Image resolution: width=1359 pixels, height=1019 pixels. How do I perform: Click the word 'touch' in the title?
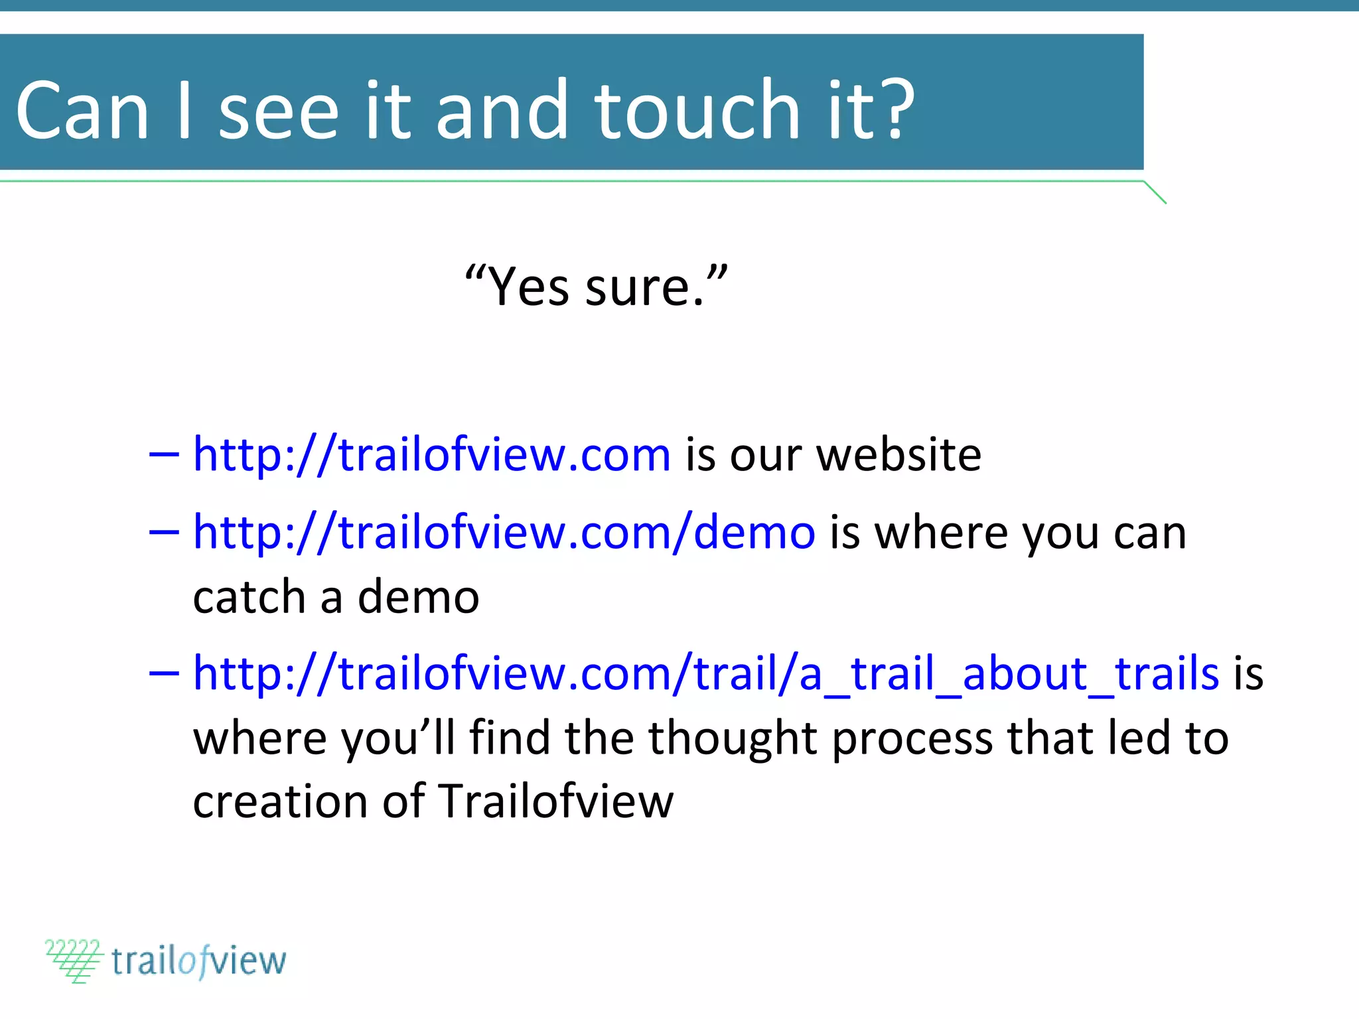(x=697, y=110)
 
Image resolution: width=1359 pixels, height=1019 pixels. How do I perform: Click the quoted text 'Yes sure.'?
(x=596, y=287)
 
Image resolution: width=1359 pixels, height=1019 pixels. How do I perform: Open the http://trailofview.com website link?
(x=431, y=455)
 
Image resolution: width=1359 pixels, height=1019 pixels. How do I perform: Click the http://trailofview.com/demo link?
(x=504, y=532)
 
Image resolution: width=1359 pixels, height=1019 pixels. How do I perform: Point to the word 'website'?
(x=898, y=455)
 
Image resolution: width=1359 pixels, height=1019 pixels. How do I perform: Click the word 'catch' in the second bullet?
(x=249, y=597)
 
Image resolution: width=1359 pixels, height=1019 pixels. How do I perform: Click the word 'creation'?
(x=279, y=801)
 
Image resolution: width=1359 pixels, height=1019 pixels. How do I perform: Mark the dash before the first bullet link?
(x=164, y=455)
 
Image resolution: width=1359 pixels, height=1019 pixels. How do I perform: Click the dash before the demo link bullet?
(x=164, y=532)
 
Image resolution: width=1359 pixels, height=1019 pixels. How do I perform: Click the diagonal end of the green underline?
(x=1155, y=192)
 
